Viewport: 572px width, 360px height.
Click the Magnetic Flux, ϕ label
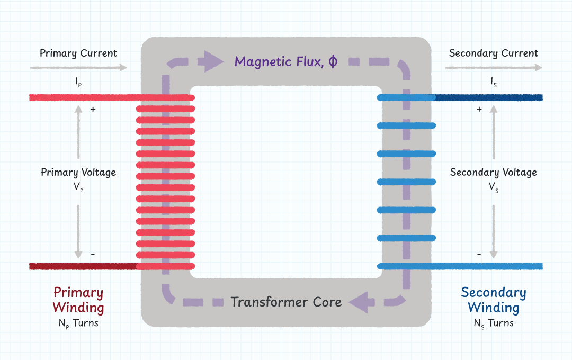(x=285, y=61)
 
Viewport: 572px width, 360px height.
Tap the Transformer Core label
(x=286, y=302)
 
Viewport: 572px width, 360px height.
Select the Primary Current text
(x=78, y=53)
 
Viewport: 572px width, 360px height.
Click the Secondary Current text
(x=493, y=53)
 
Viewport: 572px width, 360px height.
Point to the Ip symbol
(x=78, y=83)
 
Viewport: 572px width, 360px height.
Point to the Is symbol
(x=493, y=83)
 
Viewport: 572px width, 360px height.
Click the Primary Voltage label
(x=78, y=172)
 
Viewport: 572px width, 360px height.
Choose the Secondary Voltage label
(x=493, y=172)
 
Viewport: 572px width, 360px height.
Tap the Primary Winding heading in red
(x=78, y=300)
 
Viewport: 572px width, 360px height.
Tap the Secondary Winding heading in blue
(x=493, y=300)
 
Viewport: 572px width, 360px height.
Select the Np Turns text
(x=78, y=323)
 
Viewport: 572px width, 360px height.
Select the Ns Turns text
(x=493, y=323)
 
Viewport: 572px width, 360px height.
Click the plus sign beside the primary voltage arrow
(x=93, y=110)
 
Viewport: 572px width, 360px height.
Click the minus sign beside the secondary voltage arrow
(x=479, y=254)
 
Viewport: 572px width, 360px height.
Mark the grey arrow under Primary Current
(x=78, y=68)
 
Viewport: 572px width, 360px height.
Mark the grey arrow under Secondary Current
(x=493, y=68)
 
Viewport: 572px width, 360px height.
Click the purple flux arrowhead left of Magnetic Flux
(x=210, y=62)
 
